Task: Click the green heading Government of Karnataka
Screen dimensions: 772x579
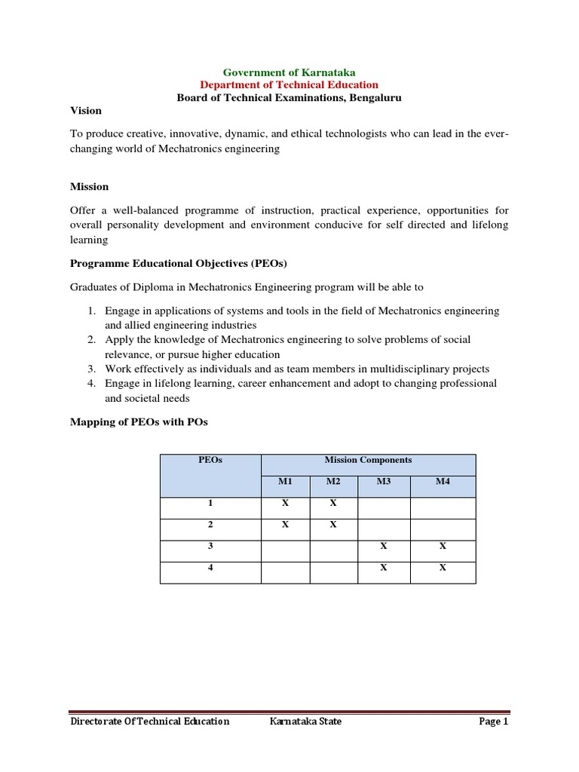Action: click(x=289, y=72)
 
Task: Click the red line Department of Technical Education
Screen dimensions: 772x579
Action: click(x=289, y=85)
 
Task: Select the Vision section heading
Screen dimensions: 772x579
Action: click(x=86, y=111)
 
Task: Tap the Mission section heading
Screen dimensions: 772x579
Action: click(x=90, y=186)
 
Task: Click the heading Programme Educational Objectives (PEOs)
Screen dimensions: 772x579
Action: click(x=179, y=263)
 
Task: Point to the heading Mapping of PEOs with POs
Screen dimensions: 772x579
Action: click(x=139, y=422)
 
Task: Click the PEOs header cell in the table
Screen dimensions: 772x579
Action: click(x=210, y=460)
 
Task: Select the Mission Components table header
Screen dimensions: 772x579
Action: click(x=368, y=460)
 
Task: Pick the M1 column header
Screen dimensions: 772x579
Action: click(x=285, y=482)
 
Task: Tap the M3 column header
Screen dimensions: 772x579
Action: click(x=383, y=482)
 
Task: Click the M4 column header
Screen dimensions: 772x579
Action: click(x=443, y=482)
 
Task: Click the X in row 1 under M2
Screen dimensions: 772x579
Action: click(x=333, y=504)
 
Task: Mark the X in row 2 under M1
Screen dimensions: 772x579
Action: click(x=285, y=525)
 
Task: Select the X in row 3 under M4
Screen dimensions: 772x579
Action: click(x=443, y=547)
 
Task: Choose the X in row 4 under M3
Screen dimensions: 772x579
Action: click(x=383, y=568)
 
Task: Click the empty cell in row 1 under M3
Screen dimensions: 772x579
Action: click(x=383, y=507)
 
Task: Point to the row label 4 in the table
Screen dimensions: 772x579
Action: click(x=210, y=568)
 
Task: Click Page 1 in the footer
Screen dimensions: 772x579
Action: click(x=494, y=721)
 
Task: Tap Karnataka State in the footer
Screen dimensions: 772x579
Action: click(x=305, y=721)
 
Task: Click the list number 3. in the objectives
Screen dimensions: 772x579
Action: click(x=90, y=369)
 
